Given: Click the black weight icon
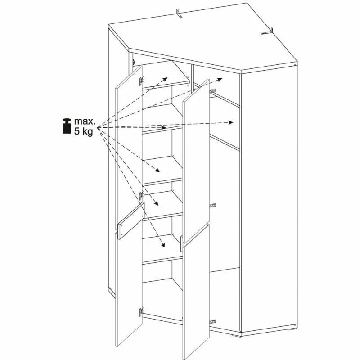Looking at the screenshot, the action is point(67,126).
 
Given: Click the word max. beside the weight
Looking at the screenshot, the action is point(85,121).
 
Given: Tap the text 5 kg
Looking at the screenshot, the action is point(83,131).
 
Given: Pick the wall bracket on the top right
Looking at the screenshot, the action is point(267,32).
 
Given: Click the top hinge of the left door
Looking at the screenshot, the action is point(142,81).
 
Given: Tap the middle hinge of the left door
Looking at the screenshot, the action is point(142,195).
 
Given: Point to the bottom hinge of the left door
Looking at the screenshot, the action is point(142,312).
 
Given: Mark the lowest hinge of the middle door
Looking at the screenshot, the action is point(212,322).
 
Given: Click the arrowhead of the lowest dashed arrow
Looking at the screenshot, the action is point(163,245).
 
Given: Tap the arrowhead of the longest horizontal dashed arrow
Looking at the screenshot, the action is point(231,122).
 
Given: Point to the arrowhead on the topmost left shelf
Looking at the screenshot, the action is point(165,79).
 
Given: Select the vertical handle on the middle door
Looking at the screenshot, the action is point(182,244).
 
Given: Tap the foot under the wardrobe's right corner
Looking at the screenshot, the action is point(292,329).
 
